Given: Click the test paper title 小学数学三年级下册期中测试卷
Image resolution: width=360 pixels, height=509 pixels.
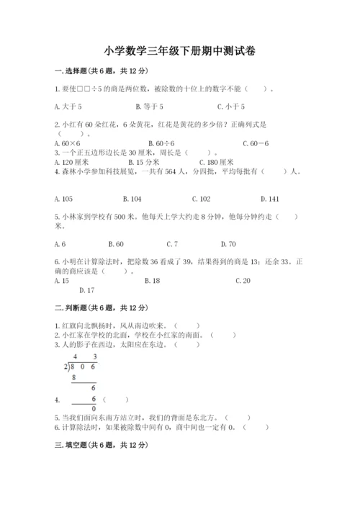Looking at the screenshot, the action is (x=179, y=51).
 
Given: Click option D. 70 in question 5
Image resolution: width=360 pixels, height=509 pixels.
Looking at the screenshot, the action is (x=228, y=244).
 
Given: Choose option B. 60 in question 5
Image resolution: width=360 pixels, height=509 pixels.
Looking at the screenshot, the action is (x=115, y=244).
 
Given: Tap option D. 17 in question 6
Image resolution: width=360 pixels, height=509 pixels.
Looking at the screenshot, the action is (x=86, y=290).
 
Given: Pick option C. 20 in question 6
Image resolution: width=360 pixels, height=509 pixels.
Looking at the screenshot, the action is (x=243, y=281).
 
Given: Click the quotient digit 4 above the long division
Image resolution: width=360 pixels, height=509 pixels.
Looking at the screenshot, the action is (x=75, y=357).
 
